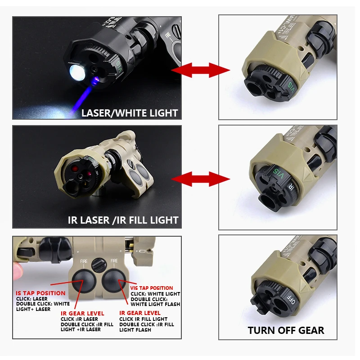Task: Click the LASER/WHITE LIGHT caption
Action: pos(130,113)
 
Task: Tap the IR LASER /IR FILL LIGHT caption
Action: pos(123,220)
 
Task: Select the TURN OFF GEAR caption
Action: pos(286,331)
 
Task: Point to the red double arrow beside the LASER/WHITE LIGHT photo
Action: pos(200,70)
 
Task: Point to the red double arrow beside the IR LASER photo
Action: pos(200,179)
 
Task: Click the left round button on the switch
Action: pos(82,280)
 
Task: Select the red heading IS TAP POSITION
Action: pos(40,293)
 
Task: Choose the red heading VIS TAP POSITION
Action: pos(152,288)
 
